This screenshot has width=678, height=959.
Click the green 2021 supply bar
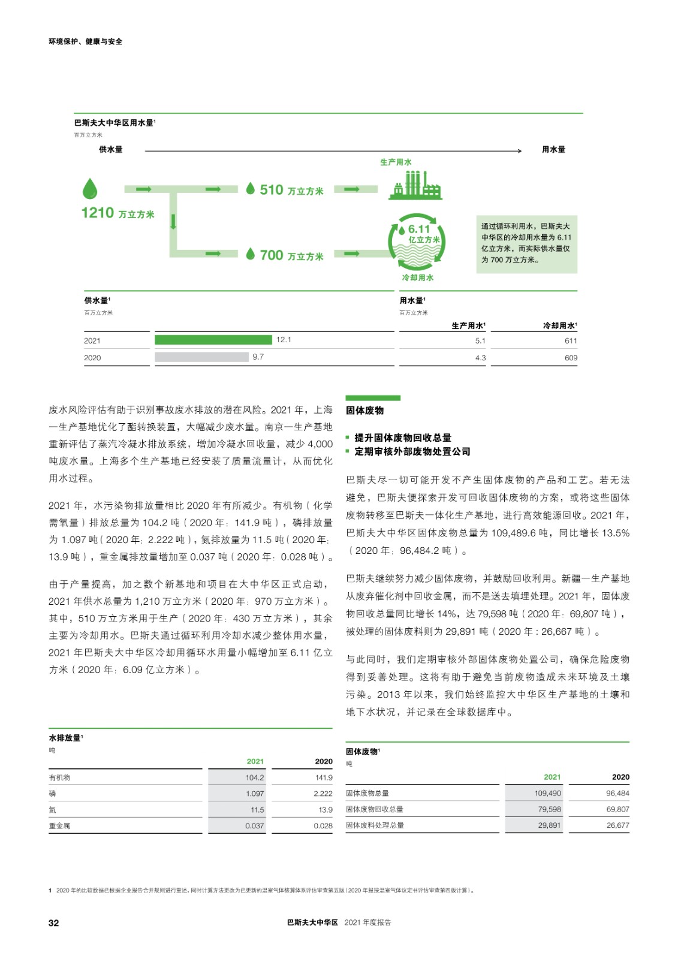tap(213, 340)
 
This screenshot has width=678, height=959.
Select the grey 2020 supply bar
tap(201, 357)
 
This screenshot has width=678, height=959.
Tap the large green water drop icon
tap(89, 189)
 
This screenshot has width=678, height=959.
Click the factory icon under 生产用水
tap(415, 185)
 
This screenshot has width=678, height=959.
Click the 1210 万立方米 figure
tap(117, 213)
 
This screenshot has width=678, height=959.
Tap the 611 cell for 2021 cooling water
tap(570, 340)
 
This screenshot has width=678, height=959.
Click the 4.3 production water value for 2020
tap(480, 358)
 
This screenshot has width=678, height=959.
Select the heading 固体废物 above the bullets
tap(364, 411)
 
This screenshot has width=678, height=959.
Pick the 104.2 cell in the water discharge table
tap(255, 777)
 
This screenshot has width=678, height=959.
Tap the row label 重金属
tap(59, 826)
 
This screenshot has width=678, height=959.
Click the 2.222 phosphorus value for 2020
tap(323, 794)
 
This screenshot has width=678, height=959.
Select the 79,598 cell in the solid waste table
tap(549, 809)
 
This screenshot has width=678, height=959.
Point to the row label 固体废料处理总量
tap(375, 825)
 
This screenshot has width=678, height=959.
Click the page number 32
tap(54, 923)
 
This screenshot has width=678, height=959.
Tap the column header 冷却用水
tap(559, 325)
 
